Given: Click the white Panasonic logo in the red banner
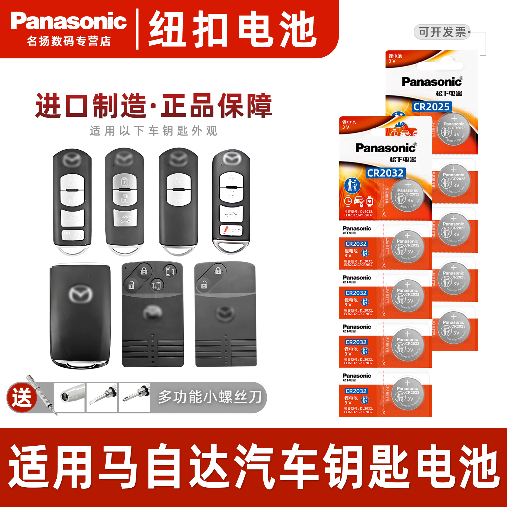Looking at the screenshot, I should [x=69, y=21].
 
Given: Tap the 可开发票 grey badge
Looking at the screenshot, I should [x=442, y=32].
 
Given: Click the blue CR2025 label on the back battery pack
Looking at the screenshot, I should [x=431, y=107].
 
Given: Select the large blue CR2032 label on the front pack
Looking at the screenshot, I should [x=385, y=173].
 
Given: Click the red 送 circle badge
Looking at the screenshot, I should [x=22, y=398].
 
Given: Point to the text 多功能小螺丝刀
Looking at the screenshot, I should [x=210, y=397].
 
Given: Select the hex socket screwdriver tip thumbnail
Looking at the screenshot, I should [x=69, y=398].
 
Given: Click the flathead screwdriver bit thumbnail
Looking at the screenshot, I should [x=102, y=398].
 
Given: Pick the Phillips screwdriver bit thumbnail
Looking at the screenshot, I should [x=134, y=398].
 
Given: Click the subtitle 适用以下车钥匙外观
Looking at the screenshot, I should [x=153, y=131].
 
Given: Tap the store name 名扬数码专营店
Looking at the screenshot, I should [x=69, y=41].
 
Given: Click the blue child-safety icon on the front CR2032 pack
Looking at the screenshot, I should [x=352, y=185].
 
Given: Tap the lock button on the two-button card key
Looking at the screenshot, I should [x=218, y=271].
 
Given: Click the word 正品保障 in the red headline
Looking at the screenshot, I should [x=217, y=106].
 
